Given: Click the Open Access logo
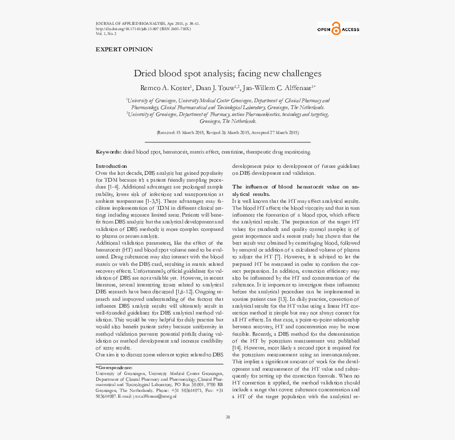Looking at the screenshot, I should coord(338,30).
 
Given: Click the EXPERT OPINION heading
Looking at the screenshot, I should coord(124,49).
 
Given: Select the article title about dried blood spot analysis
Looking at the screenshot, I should coord(227,74).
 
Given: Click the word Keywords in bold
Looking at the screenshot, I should coord(108,152).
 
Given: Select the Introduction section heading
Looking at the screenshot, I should coord(111,166).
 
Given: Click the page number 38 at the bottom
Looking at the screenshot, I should coord(228,417).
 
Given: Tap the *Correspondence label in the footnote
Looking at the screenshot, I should coord(114,367).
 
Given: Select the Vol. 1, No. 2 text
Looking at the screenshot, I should coord(106,33).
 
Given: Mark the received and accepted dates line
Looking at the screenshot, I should coord(228,132).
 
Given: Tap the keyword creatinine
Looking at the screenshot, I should coord(233,152).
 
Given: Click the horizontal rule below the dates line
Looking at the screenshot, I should coord(228,142).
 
